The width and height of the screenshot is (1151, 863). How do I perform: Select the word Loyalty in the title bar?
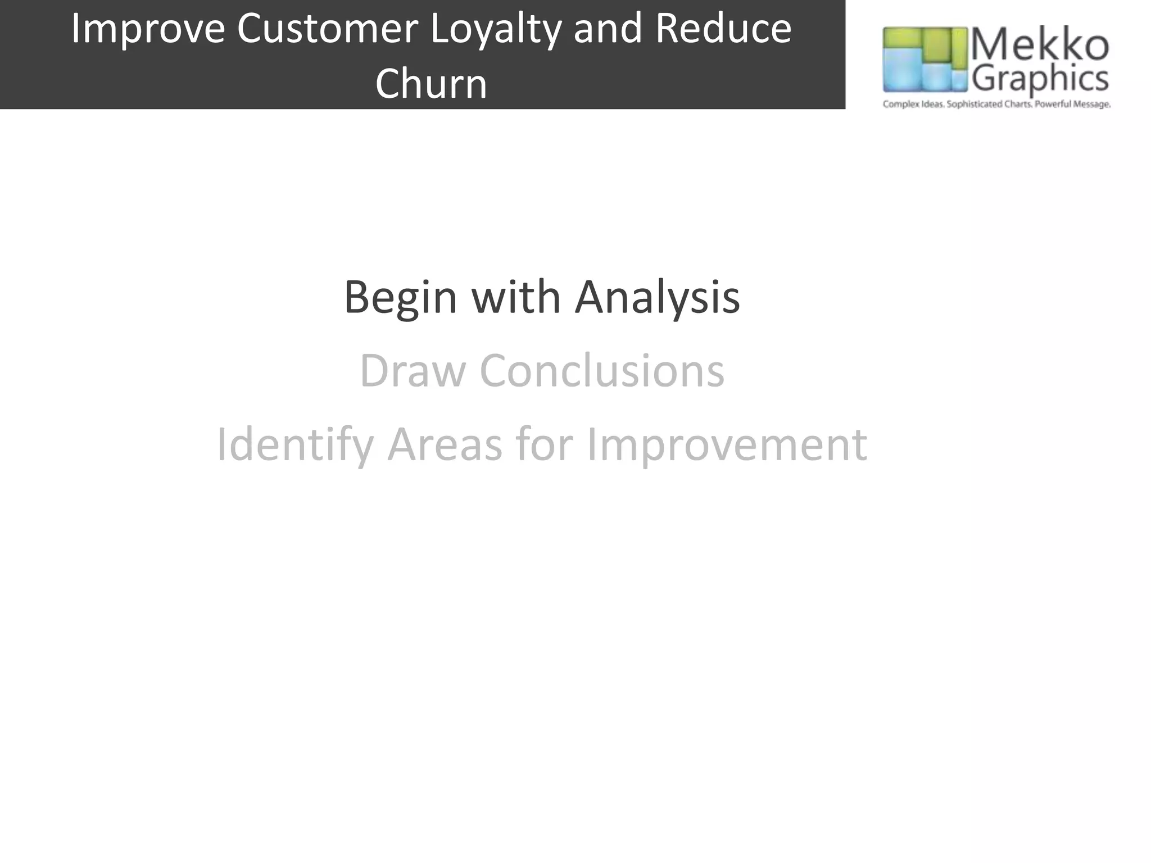click(x=495, y=29)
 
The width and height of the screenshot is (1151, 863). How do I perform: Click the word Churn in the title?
click(x=431, y=84)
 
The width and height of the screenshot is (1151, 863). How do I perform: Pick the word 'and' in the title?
click(x=607, y=29)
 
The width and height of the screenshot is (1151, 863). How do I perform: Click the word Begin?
click(x=400, y=298)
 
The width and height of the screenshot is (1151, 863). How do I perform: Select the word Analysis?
click(x=657, y=298)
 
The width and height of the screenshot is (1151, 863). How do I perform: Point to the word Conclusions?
click(x=601, y=371)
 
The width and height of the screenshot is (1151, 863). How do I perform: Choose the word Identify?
click(x=294, y=445)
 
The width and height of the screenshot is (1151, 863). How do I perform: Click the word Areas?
click(x=445, y=444)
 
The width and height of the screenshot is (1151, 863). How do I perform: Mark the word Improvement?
click(x=727, y=445)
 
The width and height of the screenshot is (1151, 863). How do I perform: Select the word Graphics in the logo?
click(x=1040, y=79)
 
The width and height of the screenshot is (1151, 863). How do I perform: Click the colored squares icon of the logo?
click(x=925, y=60)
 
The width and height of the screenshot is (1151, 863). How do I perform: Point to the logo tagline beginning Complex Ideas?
click(x=996, y=105)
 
